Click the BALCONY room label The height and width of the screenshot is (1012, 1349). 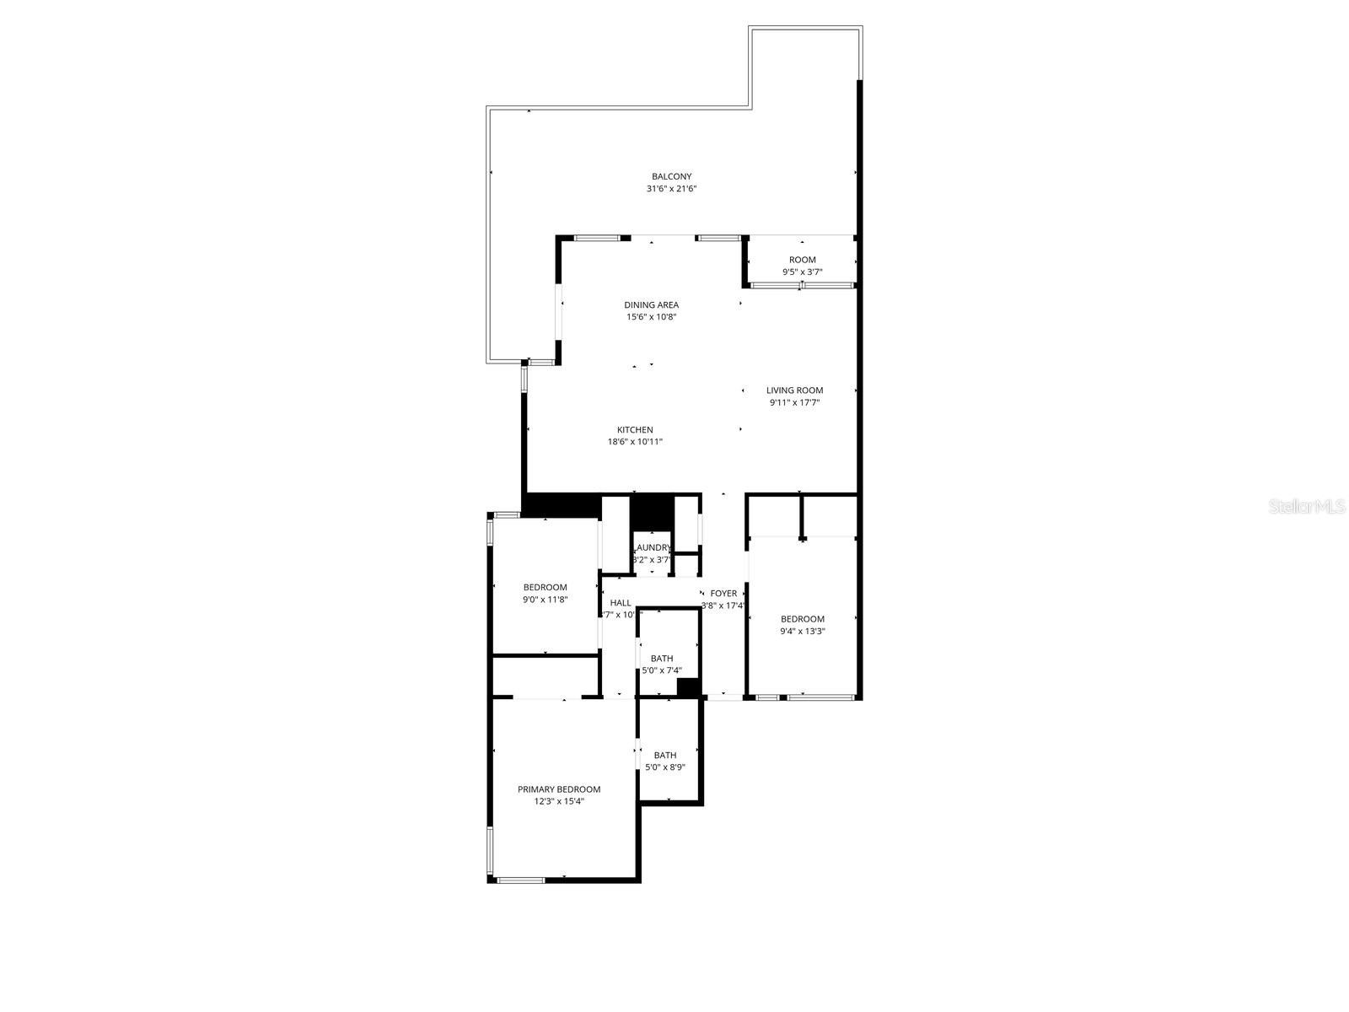tap(671, 176)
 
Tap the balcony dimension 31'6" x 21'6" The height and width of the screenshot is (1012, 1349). tap(671, 189)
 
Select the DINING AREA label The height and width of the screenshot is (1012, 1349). tap(651, 305)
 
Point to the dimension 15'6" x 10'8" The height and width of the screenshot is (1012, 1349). tap(651, 317)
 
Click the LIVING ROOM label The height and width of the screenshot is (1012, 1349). tap(794, 390)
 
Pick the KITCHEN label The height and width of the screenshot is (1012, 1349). tap(635, 430)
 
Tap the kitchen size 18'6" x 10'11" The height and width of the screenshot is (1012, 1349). tap(635, 442)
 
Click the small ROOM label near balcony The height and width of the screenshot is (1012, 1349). tap(802, 260)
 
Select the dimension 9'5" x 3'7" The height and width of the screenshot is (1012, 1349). tap(802, 272)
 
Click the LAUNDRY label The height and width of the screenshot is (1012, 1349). tap(653, 547)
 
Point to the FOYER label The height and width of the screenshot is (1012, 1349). tap(723, 594)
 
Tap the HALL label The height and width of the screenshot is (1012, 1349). tap(621, 603)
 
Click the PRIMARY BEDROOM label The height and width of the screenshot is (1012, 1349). tap(559, 789)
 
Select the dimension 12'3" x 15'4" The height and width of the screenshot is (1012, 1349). tap(559, 802)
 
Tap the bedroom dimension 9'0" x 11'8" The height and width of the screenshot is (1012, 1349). tap(546, 600)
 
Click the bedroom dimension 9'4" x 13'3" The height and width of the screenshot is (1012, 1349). tap(802, 631)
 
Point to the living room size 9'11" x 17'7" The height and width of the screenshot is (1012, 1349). tap(794, 403)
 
